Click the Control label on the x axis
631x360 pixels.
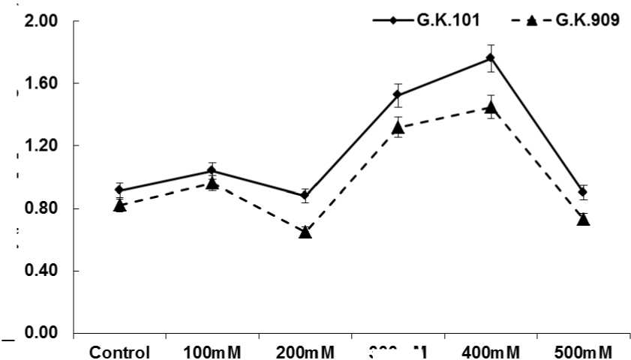[x=120, y=352]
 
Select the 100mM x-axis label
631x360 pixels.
[x=212, y=352]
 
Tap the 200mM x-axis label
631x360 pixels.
[x=305, y=352]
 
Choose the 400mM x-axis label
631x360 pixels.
[x=491, y=352]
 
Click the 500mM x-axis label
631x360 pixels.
[x=583, y=352]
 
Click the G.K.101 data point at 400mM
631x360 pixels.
[x=491, y=58]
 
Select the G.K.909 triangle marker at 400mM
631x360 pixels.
[x=491, y=107]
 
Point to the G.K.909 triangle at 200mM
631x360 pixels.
[x=305, y=232]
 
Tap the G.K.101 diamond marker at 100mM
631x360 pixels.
[x=212, y=170]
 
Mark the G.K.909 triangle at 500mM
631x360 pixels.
[x=583, y=219]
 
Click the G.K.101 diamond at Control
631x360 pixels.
[x=120, y=190]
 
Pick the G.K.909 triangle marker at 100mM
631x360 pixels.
[x=212, y=183]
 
